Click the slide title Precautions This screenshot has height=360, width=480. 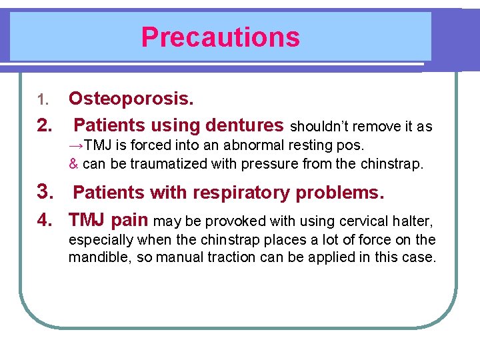pos(220,37)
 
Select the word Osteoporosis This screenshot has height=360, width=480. pos(131,99)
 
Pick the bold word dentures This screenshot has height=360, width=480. pos(245,125)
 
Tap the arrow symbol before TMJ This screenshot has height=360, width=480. pos(75,145)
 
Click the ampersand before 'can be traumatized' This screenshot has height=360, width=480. pos(73,163)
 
